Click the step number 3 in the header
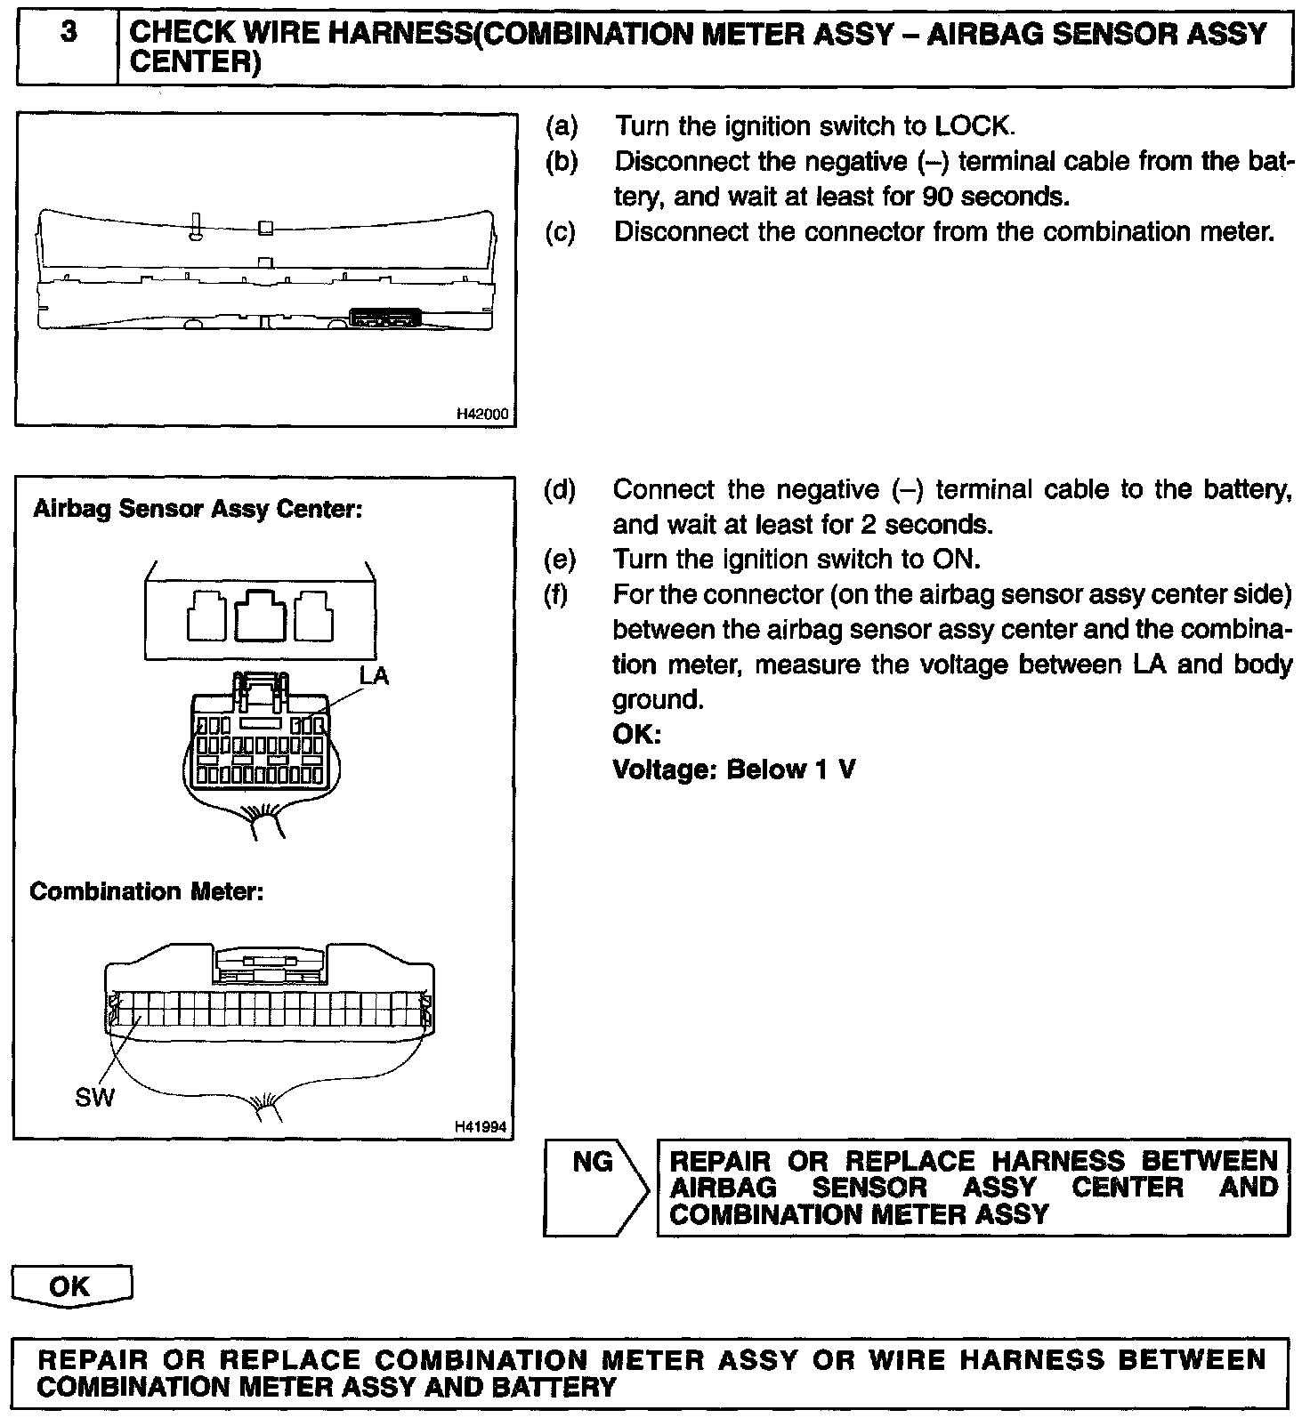(x=68, y=34)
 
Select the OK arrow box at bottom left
(x=71, y=1287)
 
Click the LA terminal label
(x=374, y=676)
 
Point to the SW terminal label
(x=94, y=1098)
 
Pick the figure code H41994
(x=481, y=1127)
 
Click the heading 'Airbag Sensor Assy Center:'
(x=198, y=510)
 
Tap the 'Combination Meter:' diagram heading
(x=147, y=891)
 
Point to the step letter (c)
(x=561, y=232)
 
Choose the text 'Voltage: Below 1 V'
(x=734, y=769)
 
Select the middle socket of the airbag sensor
(x=261, y=615)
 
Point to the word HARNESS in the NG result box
(x=1059, y=1161)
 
